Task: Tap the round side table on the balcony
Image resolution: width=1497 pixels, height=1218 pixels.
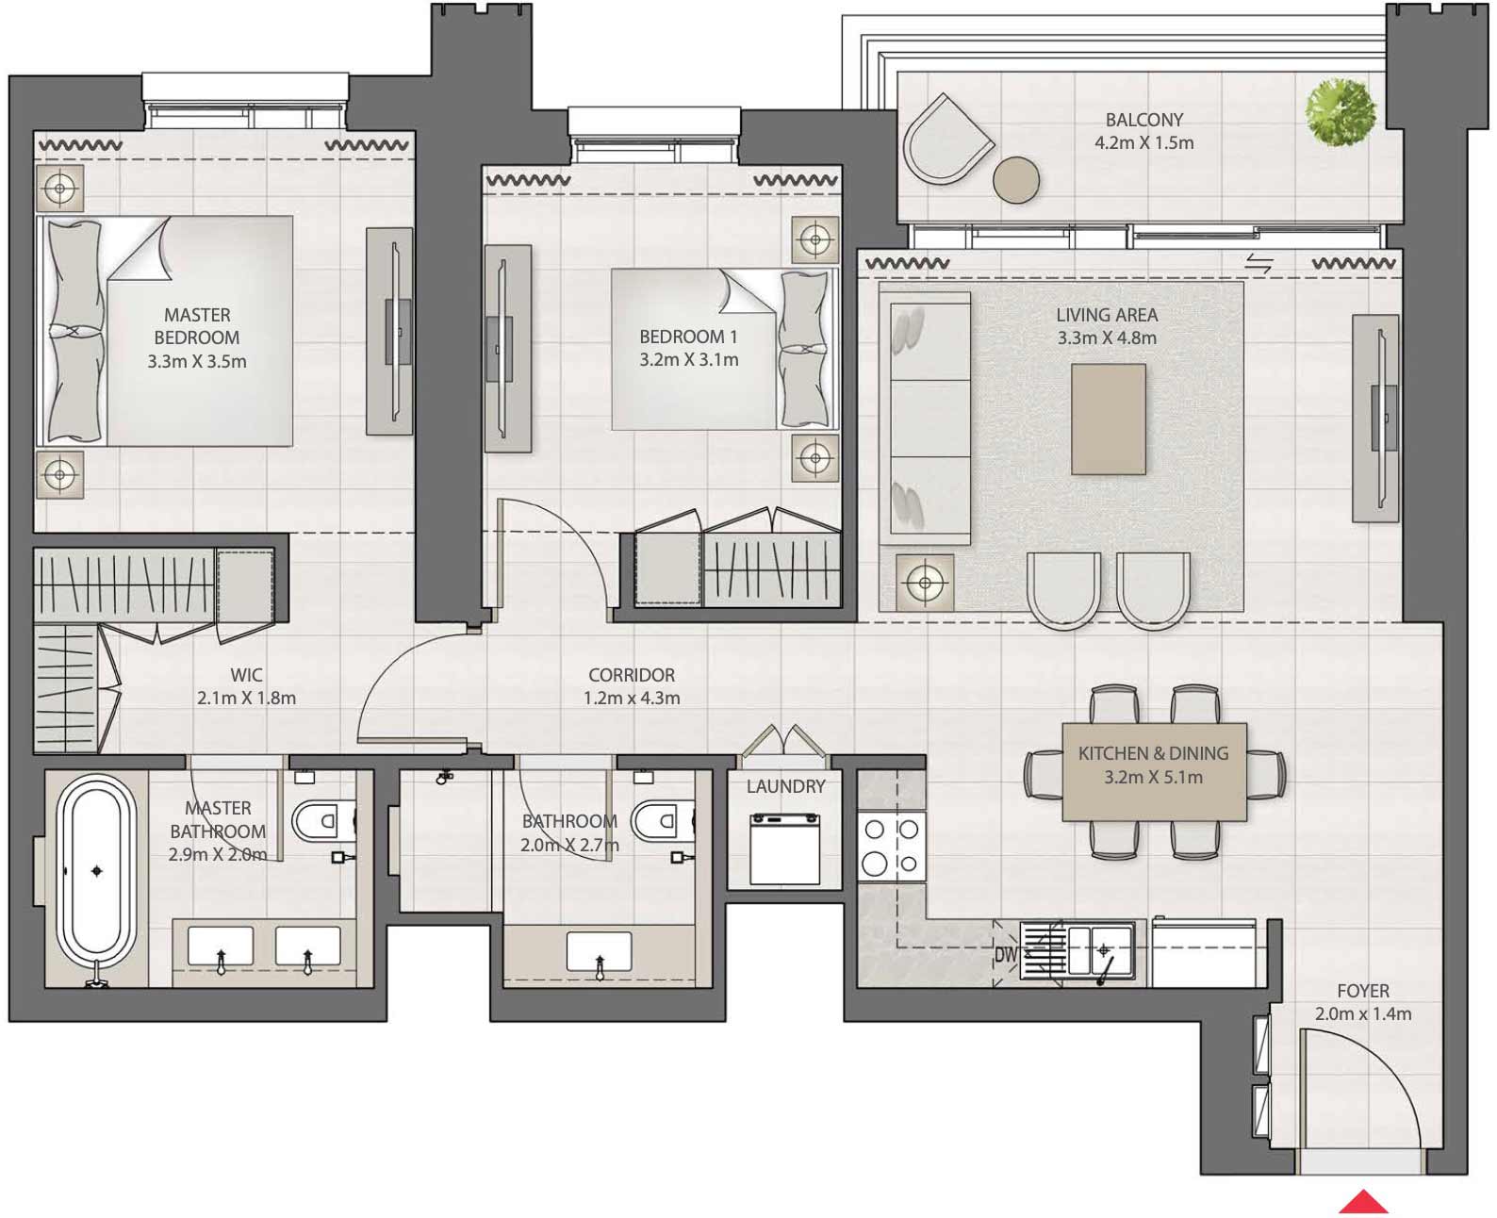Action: coord(1016,179)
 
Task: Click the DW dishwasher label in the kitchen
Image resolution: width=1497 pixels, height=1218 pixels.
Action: coord(1006,954)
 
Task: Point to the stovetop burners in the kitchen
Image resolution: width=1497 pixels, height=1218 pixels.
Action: coord(891,847)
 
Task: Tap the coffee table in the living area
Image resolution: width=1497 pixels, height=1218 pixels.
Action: coord(1108,420)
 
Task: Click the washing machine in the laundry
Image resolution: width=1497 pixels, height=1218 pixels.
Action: coord(784,848)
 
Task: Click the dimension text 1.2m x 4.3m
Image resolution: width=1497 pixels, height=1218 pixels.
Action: coord(632,699)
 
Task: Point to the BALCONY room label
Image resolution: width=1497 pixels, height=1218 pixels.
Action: coord(1143,120)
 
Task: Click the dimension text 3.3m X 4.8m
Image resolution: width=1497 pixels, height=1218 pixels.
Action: coord(1106,338)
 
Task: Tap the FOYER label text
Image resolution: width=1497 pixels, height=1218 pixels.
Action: coord(1362,991)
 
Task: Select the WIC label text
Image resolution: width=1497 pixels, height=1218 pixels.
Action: coord(246,675)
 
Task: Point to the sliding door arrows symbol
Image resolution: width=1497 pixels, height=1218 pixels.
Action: coord(1258,264)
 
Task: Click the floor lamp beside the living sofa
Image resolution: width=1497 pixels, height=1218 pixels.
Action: coord(925,583)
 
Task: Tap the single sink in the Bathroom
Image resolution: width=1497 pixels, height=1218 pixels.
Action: coord(599,952)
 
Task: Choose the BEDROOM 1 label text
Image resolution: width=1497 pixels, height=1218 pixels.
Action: coord(688,337)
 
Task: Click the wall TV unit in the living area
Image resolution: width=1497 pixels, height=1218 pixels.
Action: coord(1375,418)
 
